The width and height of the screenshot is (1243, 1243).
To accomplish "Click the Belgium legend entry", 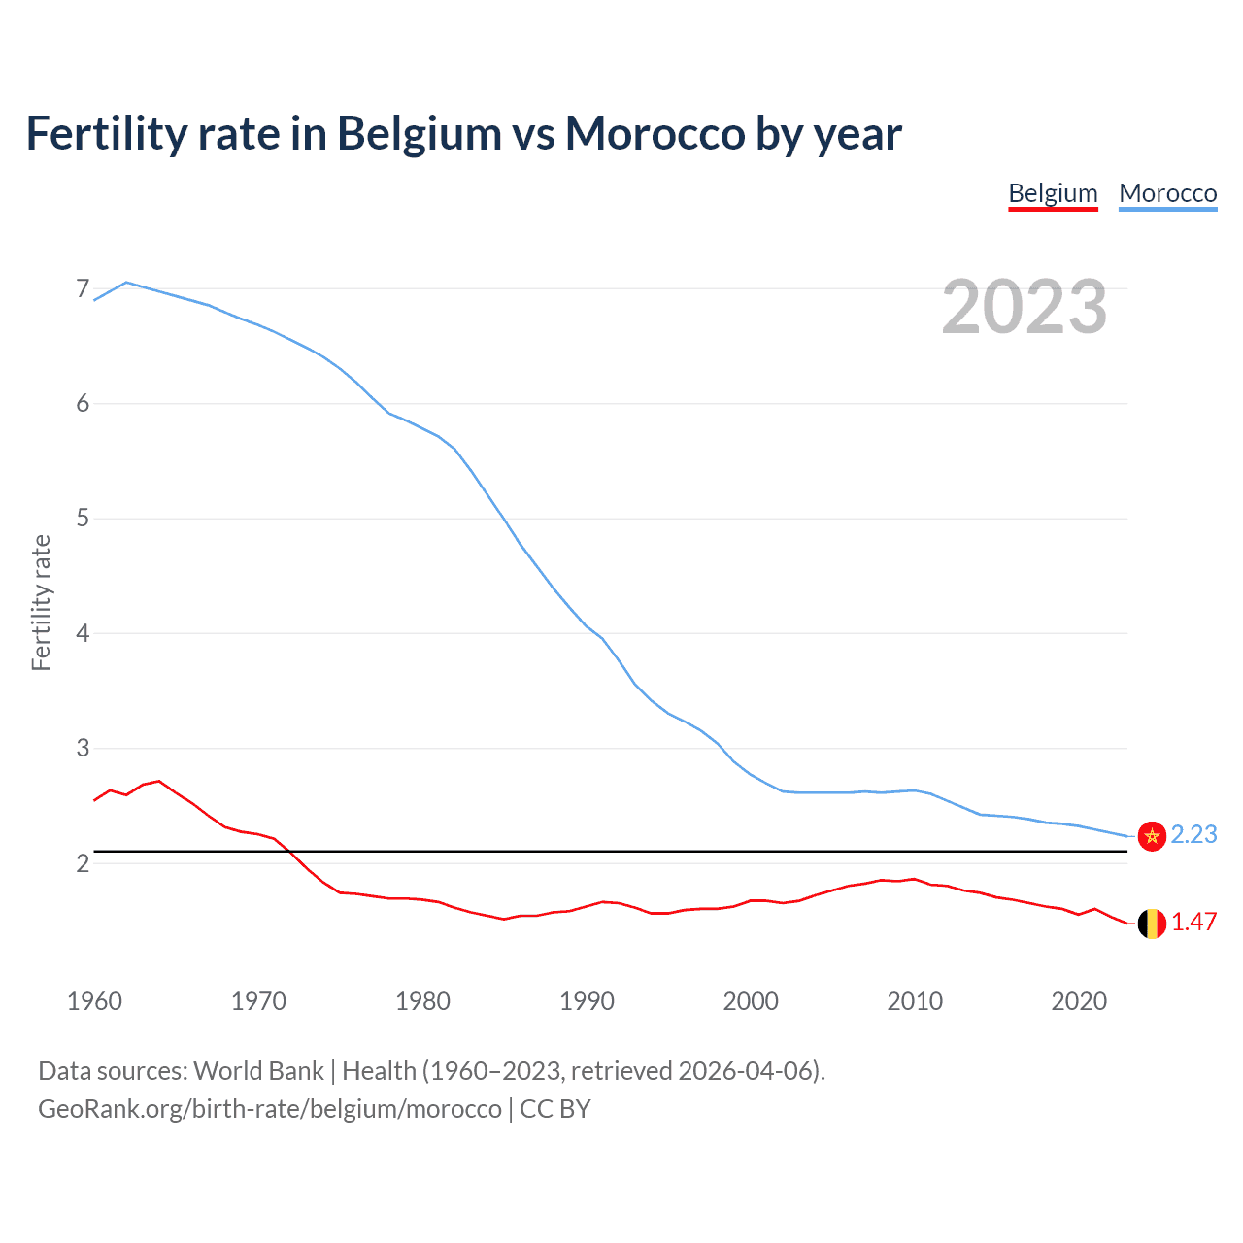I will [1053, 193].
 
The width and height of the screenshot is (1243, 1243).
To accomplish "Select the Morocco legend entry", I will [1167, 193].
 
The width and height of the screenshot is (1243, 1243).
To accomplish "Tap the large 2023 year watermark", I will [1024, 307].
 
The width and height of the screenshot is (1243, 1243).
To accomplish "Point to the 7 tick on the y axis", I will [83, 288].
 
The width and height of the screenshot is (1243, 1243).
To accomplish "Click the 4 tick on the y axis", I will [83, 633].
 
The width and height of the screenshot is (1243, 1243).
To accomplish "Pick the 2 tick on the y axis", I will [83, 863].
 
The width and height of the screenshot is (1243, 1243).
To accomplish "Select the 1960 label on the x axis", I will [94, 1001].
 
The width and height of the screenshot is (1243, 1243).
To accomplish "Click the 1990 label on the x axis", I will [587, 1001].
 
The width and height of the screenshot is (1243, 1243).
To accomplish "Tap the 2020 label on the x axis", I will [1079, 1001].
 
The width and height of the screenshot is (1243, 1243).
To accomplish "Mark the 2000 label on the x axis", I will [751, 1001].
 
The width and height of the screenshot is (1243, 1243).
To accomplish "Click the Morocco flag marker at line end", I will [1152, 836].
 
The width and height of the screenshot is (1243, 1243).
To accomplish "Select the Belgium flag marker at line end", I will [1152, 924].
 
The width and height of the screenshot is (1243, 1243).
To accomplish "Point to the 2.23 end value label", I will [1193, 835].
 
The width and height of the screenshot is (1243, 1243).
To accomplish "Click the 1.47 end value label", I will [1193, 923].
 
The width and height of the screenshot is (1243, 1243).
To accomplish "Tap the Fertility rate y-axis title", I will [41, 602].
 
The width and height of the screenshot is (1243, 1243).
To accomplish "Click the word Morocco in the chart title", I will [655, 134].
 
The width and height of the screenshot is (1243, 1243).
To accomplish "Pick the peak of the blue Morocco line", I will [126, 283].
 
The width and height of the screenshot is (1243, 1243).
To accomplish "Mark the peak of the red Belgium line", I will [159, 781].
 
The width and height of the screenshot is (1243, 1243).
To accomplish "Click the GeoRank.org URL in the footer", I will [269, 1109].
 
